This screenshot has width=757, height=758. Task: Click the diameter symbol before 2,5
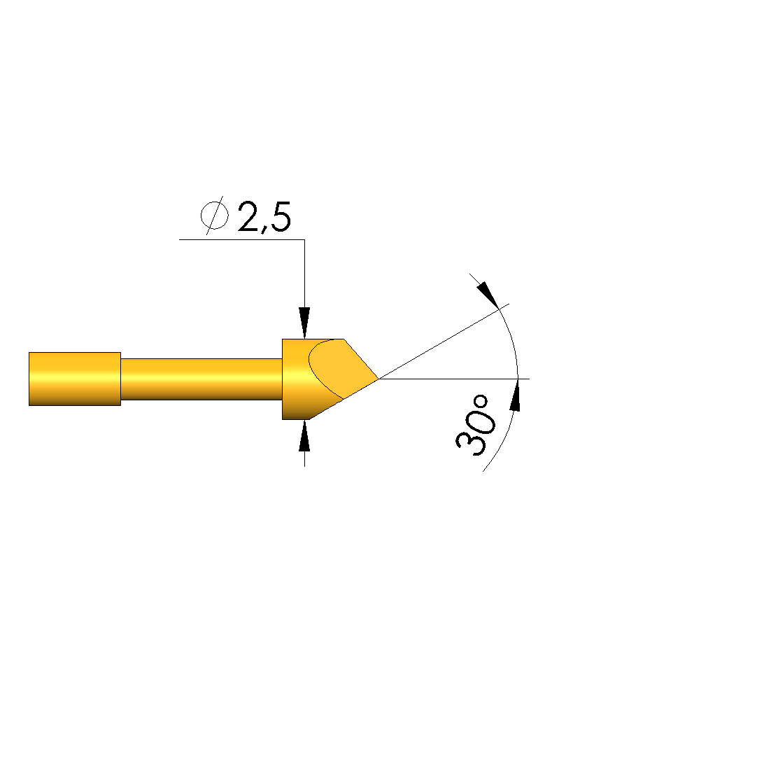tap(215, 216)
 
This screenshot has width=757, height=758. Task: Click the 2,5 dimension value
tap(264, 217)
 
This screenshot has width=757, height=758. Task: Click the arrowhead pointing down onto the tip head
tap(304, 323)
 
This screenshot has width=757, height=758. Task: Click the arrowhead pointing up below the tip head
tap(304, 435)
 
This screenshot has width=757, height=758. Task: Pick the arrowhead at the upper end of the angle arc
tap(488, 295)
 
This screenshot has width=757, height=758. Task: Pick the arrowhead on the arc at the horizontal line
tap(516, 395)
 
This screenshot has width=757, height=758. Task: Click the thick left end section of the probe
tap(75, 379)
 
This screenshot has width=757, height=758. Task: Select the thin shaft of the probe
tap(201, 379)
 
